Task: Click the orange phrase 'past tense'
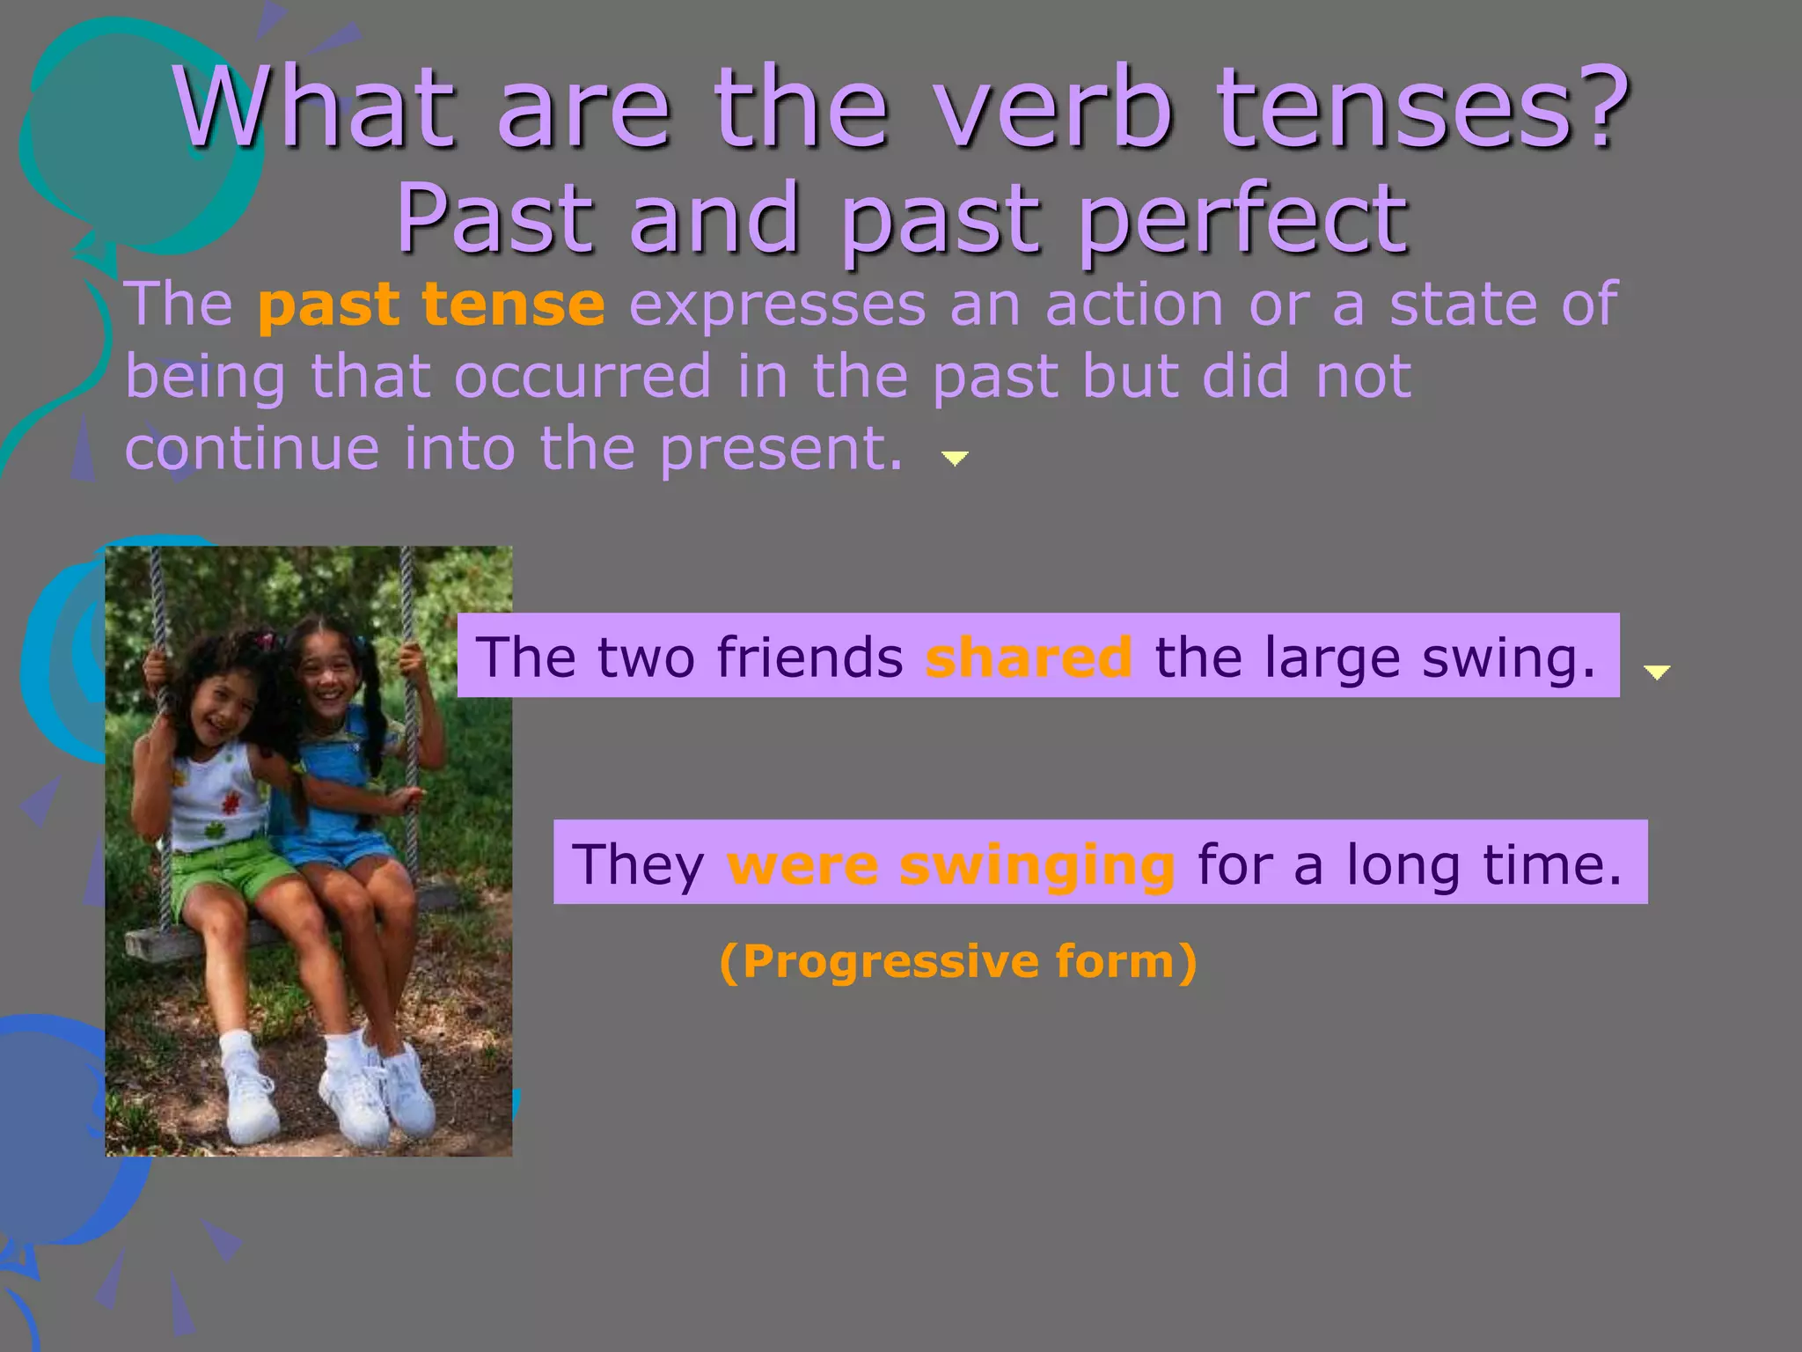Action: (431, 305)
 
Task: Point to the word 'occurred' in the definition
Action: (582, 377)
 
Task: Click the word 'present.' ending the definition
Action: (781, 450)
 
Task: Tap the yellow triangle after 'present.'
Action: (955, 458)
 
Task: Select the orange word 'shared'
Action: (1029, 658)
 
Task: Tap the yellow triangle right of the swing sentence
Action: (1657, 672)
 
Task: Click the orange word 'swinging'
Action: (1037, 864)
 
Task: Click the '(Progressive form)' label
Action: (957, 961)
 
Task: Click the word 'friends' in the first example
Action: (809, 658)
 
